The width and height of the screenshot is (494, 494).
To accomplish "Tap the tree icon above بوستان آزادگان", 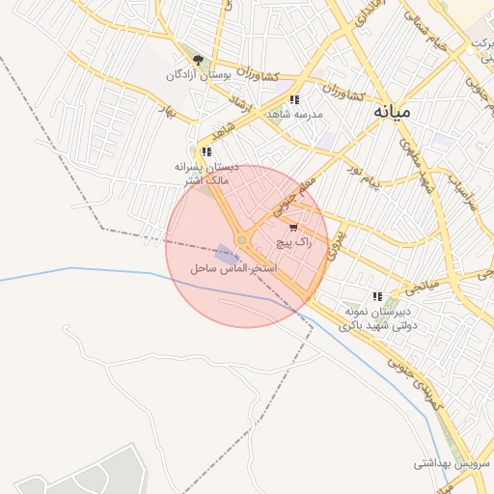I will click(198, 60).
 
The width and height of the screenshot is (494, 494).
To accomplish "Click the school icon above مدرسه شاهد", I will click(293, 99).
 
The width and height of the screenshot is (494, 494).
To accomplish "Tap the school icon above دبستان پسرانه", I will click(206, 151).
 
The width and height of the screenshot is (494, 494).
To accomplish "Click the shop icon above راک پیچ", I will click(293, 229).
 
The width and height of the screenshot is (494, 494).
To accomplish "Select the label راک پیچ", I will click(294, 243).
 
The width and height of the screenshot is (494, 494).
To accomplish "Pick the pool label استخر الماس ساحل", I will click(235, 267).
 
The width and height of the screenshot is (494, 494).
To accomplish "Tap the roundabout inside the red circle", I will click(241, 239).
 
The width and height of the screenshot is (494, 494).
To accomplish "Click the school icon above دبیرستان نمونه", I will click(377, 296).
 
